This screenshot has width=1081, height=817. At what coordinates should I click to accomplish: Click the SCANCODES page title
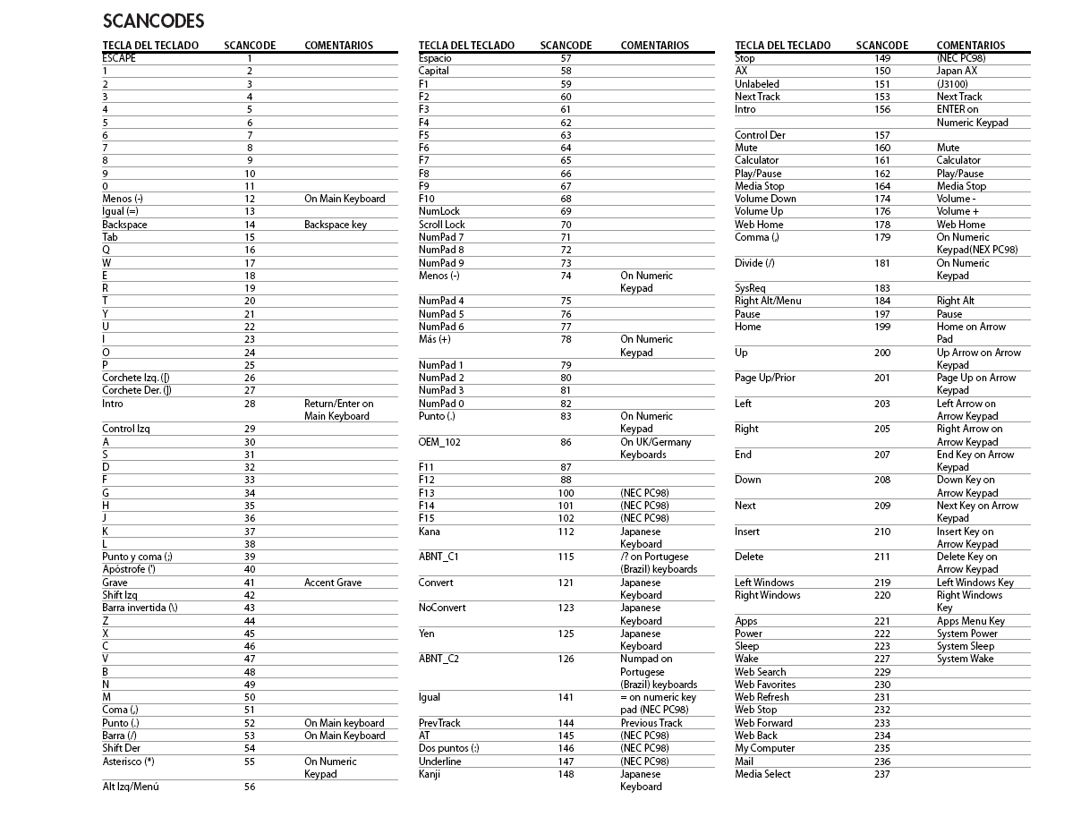153,21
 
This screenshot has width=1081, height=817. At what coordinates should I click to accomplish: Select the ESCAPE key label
119,58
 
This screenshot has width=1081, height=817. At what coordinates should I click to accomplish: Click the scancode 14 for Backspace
250,225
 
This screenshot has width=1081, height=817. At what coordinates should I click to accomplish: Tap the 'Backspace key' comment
335,225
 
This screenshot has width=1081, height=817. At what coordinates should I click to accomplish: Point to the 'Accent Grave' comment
332,583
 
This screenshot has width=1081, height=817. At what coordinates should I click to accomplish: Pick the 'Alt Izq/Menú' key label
130,787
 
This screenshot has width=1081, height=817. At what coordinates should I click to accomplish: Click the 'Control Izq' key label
125,429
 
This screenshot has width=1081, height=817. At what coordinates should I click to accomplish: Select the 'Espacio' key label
435,58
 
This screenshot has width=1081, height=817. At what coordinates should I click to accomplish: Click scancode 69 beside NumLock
566,212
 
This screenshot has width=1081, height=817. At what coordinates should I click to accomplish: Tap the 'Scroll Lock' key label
441,225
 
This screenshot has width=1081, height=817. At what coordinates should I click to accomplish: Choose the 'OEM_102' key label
438,442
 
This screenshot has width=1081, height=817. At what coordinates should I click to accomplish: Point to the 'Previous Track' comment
651,723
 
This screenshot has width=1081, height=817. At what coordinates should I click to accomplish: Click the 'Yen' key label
426,634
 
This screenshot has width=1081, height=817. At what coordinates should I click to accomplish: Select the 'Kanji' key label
430,774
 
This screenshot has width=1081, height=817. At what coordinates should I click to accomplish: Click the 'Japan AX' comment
957,71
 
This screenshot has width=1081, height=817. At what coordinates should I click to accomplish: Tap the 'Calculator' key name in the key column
756,160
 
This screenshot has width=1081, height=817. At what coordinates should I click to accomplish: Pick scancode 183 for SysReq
881,288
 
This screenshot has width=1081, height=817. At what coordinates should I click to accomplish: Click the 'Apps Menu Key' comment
970,621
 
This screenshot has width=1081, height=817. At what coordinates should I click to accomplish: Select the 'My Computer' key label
764,748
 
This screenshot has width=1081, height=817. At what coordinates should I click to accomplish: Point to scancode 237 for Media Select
881,774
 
